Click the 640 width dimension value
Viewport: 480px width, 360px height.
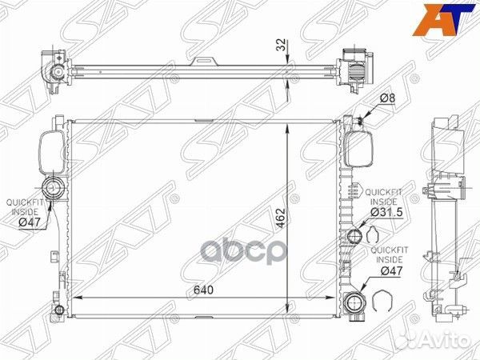tap(203, 290)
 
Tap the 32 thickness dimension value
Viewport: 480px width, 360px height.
tap(281, 45)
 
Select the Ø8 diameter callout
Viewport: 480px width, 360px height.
tap(387, 98)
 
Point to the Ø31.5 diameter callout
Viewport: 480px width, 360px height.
tap(386, 212)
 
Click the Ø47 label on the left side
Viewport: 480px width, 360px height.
tap(30, 222)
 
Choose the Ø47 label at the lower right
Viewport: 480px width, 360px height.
tap(391, 270)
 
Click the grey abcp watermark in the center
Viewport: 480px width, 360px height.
tap(242, 251)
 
